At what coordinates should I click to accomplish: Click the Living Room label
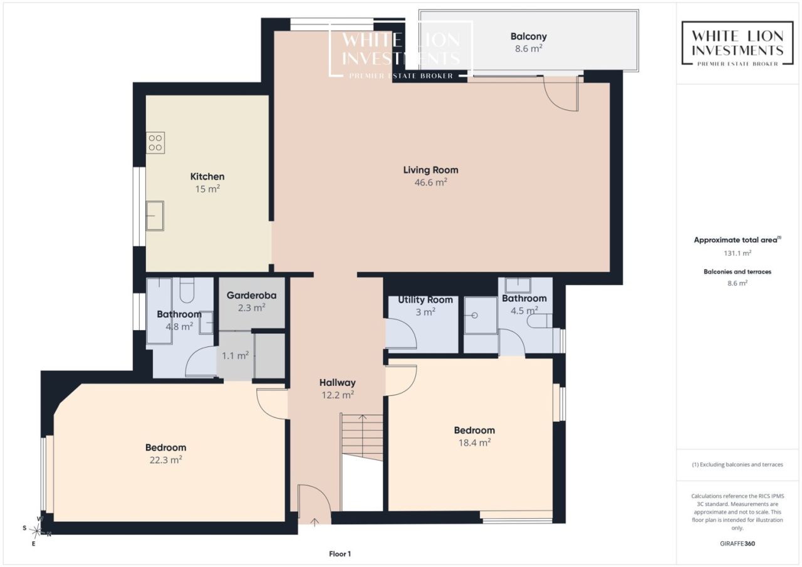[430, 170]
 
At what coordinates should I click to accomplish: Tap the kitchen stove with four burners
[155, 143]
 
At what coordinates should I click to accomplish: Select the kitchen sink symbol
[155, 216]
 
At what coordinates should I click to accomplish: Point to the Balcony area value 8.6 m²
[528, 48]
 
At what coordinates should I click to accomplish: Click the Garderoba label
[251, 295]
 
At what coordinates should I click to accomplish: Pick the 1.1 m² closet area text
[235, 355]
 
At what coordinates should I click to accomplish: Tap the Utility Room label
[425, 299]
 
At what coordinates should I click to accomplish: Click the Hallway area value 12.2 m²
[338, 395]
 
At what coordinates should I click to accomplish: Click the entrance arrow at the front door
[315, 523]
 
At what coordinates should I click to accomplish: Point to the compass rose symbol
[37, 531]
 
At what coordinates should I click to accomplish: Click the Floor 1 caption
[340, 554]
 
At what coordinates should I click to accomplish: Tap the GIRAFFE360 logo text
[737, 543]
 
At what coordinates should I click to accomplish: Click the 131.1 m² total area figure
[737, 253]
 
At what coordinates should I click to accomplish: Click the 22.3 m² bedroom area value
[166, 460]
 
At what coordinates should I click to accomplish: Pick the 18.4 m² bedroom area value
[474, 442]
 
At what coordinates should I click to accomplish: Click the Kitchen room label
[207, 177]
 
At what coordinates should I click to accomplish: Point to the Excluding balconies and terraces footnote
[737, 465]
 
